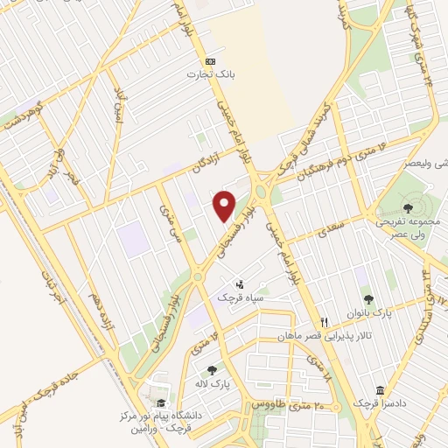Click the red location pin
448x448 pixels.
(x=225, y=206)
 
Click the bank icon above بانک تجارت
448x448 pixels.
(x=209, y=61)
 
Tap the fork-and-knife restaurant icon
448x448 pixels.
(x=325, y=322)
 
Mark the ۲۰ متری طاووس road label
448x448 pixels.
(x=287, y=404)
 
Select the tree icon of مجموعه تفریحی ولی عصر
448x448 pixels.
(x=409, y=207)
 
